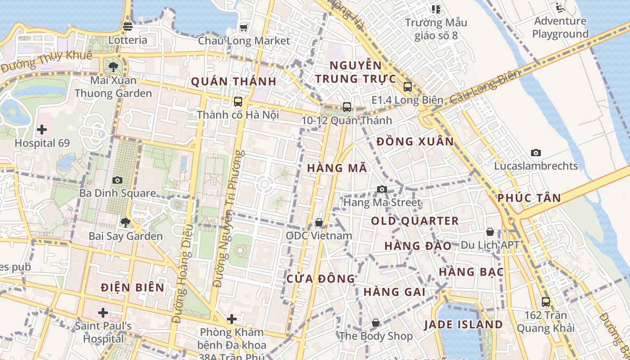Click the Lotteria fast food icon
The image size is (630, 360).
click(128, 26)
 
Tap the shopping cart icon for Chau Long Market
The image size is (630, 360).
click(244, 28)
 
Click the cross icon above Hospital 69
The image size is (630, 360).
click(42, 130)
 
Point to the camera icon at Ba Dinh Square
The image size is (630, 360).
click(117, 180)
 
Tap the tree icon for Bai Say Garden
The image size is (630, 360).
click(125, 222)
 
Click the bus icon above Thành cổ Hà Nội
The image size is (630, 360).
click(238, 102)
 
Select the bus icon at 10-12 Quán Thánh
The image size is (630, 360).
click(346, 107)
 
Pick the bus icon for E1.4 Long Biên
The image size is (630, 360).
click(408, 87)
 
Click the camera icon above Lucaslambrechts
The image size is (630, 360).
click(535, 153)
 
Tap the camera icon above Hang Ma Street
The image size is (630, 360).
click(382, 189)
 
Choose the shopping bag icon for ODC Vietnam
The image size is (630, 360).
click(319, 222)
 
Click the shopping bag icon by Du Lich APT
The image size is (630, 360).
click(490, 232)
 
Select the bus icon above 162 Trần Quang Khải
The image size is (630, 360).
click(546, 302)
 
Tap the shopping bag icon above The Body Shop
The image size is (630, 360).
click(376, 323)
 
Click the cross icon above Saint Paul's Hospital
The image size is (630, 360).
click(103, 313)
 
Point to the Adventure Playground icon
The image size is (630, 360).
click(560, 8)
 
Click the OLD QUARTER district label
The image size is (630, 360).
click(415, 221)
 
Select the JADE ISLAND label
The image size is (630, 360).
click(463, 324)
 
